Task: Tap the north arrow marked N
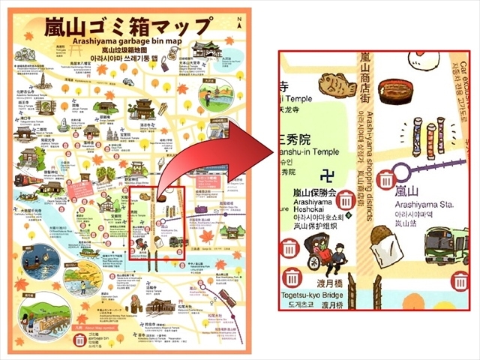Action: pos(239,24)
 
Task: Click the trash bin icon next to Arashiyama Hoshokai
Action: pos(346,201)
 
